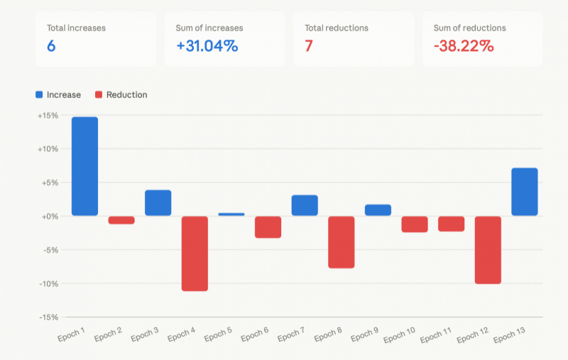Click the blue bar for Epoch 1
click(84, 166)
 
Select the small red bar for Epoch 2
click(121, 220)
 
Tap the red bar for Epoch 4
click(195, 253)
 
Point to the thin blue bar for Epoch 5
click(231, 214)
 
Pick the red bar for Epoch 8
click(342, 242)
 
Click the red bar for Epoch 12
click(488, 250)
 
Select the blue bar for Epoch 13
click(525, 192)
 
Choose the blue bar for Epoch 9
click(378, 210)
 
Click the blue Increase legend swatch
click(39, 95)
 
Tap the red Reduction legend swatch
click(99, 95)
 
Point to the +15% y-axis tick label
click(48, 116)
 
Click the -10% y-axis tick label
click(48, 283)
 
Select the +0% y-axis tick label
click(50, 217)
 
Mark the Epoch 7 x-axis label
click(291, 334)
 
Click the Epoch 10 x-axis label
click(399, 335)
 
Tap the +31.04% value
click(207, 46)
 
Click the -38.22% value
click(464, 46)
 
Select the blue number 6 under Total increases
click(51, 46)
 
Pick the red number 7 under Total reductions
click(309, 46)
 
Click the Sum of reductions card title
click(469, 28)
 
